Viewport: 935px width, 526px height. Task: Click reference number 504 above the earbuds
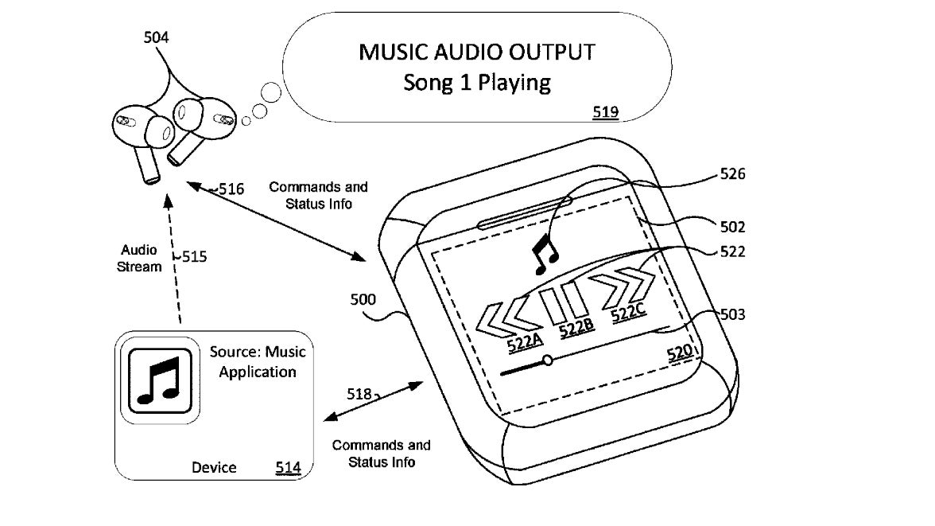[156, 37]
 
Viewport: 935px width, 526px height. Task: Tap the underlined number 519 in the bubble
[606, 112]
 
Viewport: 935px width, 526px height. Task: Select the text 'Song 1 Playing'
[477, 82]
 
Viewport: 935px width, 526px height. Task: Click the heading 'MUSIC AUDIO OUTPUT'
[477, 53]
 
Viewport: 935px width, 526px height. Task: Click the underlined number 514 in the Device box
[288, 467]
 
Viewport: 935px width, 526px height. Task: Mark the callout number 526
[731, 174]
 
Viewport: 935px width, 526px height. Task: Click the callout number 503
[731, 315]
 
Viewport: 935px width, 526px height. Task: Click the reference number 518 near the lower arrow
[359, 394]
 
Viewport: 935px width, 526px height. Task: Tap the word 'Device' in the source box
[214, 467]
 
